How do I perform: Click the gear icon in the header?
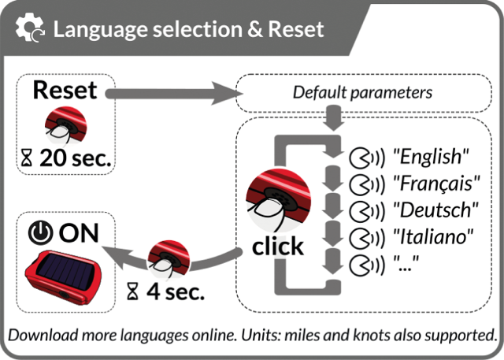(30, 29)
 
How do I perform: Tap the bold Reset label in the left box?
(65, 90)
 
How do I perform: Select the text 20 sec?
(76, 158)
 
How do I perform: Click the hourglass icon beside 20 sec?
(28, 159)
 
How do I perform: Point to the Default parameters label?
(363, 92)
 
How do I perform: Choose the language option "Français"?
(438, 184)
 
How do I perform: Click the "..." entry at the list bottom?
(406, 262)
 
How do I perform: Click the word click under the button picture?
(277, 247)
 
